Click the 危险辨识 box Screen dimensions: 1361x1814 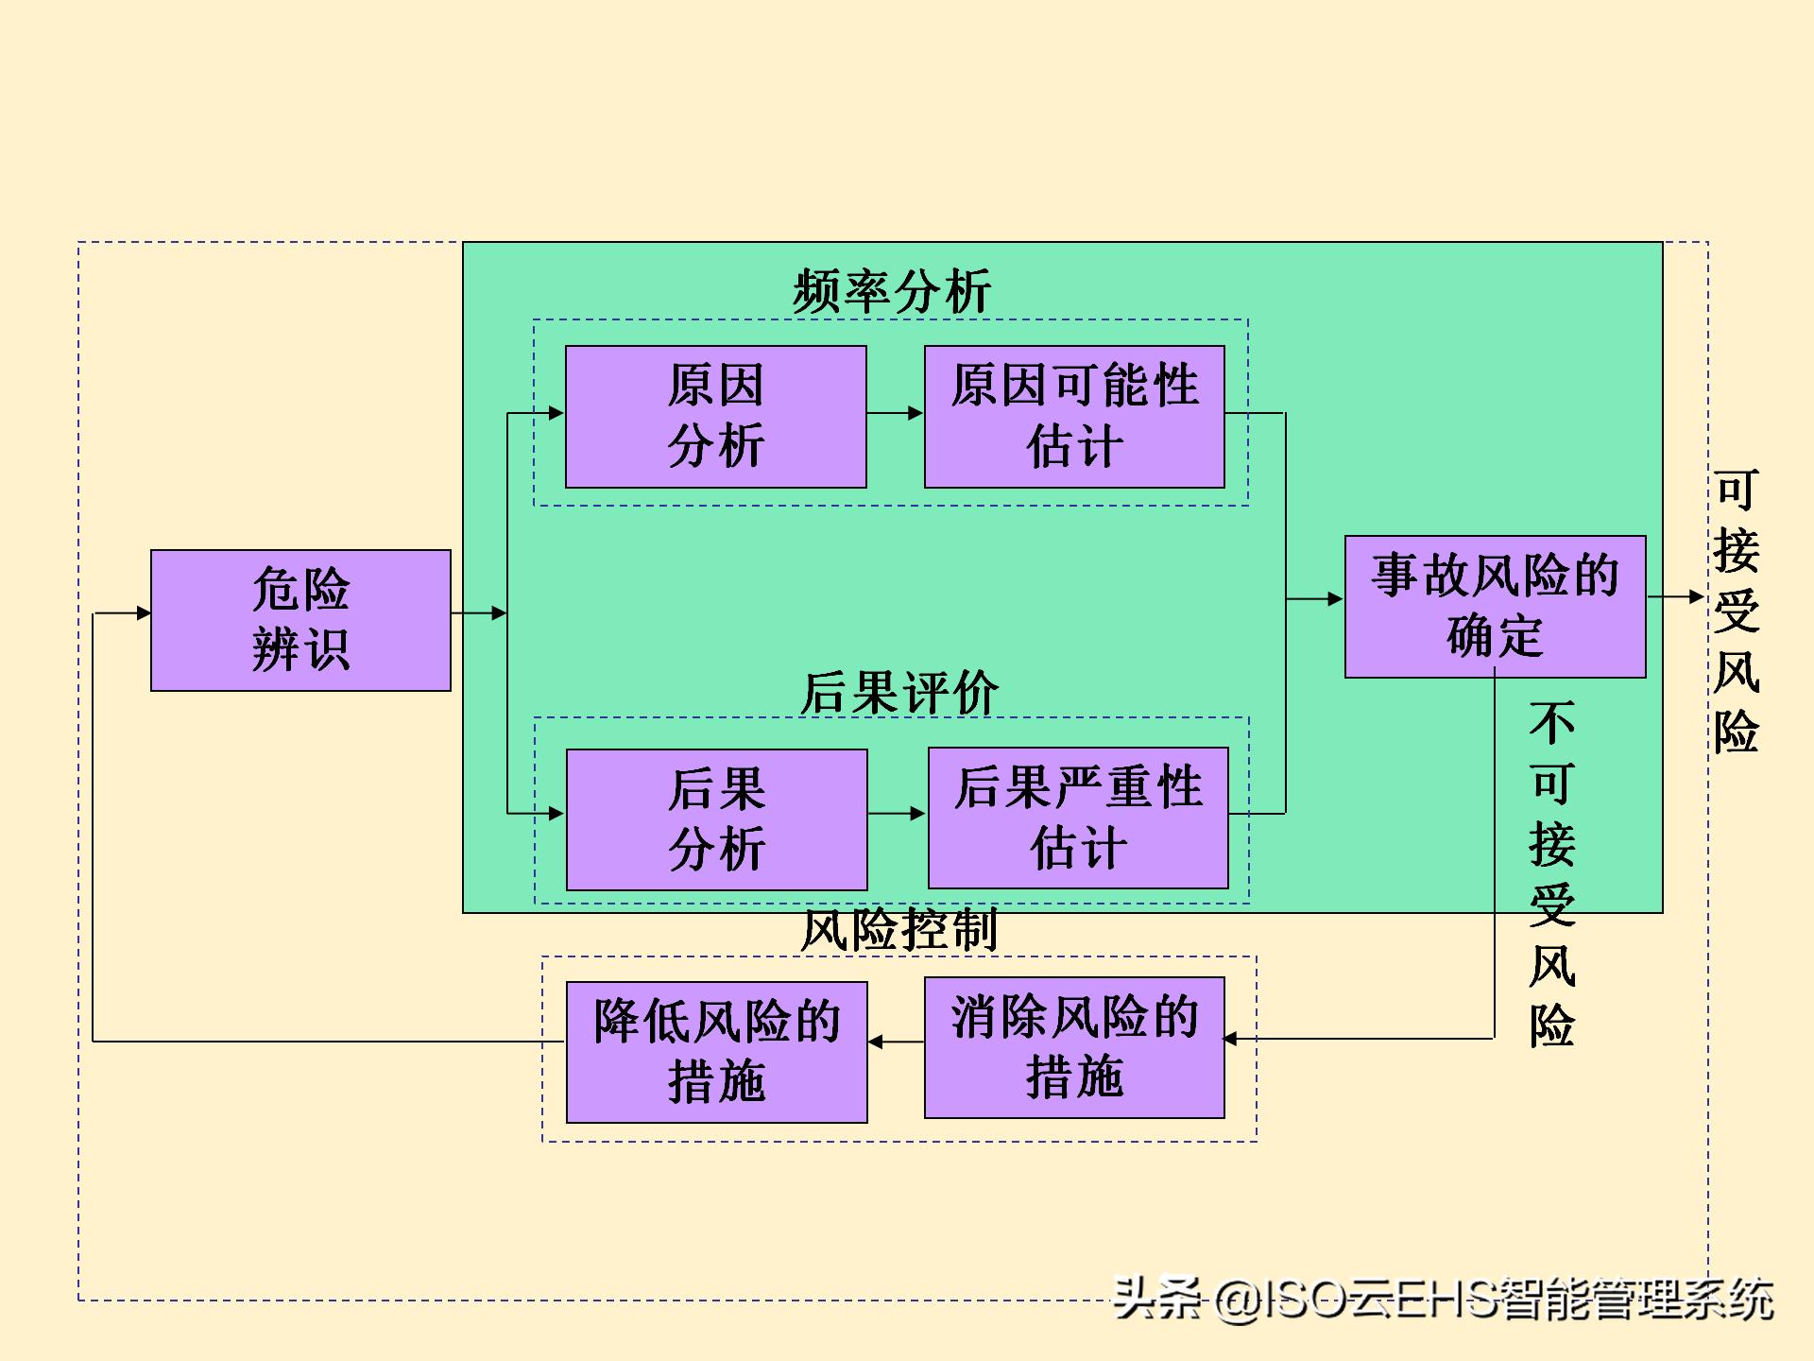pyautogui.click(x=300, y=620)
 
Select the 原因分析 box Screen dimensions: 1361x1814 pyautogui.click(x=715, y=417)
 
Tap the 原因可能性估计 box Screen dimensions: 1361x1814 pyautogui.click(x=1074, y=417)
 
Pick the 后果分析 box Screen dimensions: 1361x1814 pyautogui.click(x=716, y=819)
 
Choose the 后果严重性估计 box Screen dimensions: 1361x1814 pyautogui.click(x=1078, y=818)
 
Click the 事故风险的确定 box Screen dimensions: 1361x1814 pyautogui.click(x=1495, y=606)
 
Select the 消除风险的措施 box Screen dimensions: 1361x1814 pyautogui.click(x=1074, y=1047)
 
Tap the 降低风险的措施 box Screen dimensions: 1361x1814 pyautogui.click(x=716, y=1052)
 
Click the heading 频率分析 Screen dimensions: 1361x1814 pyautogui.click(x=892, y=291)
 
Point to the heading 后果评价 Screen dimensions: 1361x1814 pyautogui.click(x=898, y=693)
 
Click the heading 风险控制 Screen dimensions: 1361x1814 pyautogui.click(x=898, y=930)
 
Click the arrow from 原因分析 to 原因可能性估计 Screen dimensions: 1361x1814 pyautogui.click(x=895, y=413)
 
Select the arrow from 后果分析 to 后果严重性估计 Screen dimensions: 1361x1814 pyautogui.click(x=897, y=813)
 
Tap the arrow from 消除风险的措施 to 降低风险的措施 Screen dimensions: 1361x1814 pyautogui.click(x=896, y=1042)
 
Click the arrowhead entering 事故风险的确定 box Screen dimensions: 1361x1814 pyautogui.click(x=1334, y=598)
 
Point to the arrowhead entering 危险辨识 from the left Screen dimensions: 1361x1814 pyautogui.click(x=143, y=612)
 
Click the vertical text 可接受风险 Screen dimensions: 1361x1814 pyautogui.click(x=1737, y=611)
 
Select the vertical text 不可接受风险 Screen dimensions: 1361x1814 pyautogui.click(x=1551, y=873)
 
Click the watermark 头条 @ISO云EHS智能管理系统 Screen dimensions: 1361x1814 pyautogui.click(x=1443, y=1299)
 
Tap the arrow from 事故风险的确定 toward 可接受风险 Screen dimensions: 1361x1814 pyautogui.click(x=1676, y=596)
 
